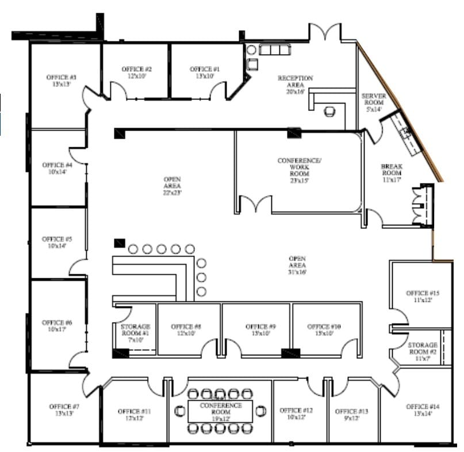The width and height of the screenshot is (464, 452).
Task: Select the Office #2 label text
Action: coord(136,72)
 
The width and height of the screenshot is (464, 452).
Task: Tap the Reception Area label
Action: coord(295,81)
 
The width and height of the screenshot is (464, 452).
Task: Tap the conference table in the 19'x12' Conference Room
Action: coord(221,411)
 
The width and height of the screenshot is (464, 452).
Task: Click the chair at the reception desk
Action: coord(329,112)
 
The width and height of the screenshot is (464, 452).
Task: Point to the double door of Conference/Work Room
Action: coord(255,205)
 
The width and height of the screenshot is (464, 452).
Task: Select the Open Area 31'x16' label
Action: coord(297,265)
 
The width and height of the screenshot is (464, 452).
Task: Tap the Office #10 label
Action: coord(324,330)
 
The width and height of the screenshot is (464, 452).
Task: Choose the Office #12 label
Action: coord(296,413)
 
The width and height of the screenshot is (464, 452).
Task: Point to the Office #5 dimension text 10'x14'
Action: coord(57,246)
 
